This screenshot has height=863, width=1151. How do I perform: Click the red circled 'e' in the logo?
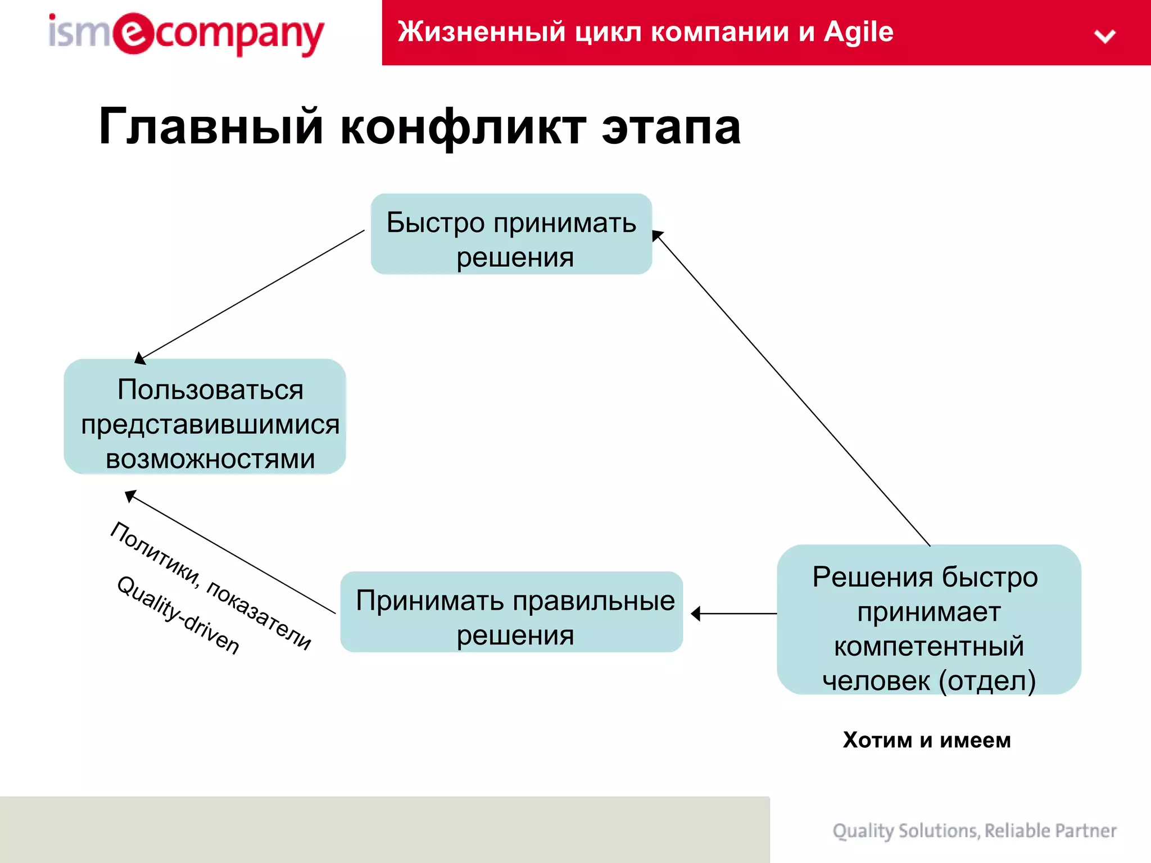[x=133, y=34]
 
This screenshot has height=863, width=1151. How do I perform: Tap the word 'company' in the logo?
[x=239, y=35]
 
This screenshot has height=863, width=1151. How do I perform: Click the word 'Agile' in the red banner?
[x=858, y=32]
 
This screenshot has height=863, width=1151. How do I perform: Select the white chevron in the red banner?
[x=1104, y=37]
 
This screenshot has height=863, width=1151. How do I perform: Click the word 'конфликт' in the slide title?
[x=463, y=127]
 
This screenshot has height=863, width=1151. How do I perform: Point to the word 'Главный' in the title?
[x=210, y=127]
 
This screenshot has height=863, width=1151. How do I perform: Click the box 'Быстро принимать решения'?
[x=511, y=234]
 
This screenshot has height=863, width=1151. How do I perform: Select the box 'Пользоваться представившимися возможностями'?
[x=205, y=417]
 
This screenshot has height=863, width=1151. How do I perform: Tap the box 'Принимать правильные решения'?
[x=511, y=612]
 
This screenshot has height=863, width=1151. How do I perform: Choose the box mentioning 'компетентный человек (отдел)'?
[x=928, y=620]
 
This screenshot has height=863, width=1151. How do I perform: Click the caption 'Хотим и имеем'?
[x=927, y=740]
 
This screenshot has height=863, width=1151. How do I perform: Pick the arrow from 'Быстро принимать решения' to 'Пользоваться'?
[x=250, y=296]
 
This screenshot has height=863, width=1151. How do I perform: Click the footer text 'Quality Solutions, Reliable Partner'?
[x=974, y=830]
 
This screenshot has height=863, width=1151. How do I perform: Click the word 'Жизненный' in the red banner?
[x=481, y=32]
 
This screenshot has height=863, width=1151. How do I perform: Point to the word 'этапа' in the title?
[x=671, y=127]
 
